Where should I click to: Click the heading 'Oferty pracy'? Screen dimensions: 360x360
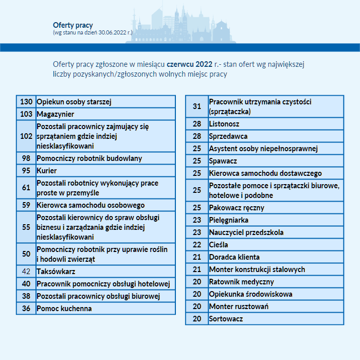coord(73,25)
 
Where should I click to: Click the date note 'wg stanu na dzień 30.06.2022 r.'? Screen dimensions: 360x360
coord(93,32)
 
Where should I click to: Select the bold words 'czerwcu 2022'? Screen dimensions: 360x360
coord(189,64)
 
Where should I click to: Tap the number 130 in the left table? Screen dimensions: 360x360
coord(26,102)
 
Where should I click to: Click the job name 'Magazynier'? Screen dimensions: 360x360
coord(56,114)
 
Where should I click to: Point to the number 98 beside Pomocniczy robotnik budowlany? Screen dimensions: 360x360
coord(26,158)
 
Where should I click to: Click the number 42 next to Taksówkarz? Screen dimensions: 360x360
coord(26,272)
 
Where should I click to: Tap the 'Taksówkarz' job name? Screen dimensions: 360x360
coord(56,272)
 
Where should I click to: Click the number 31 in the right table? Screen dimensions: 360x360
coord(197,106)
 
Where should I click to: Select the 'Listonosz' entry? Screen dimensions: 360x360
coord(224,124)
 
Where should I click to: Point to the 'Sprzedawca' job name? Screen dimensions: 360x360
coord(228,136)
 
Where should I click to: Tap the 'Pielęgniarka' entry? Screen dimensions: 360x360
coord(229,220)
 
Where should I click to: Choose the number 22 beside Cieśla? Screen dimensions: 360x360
coord(197,245)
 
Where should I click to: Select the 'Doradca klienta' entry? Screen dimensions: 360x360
coord(235,257)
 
